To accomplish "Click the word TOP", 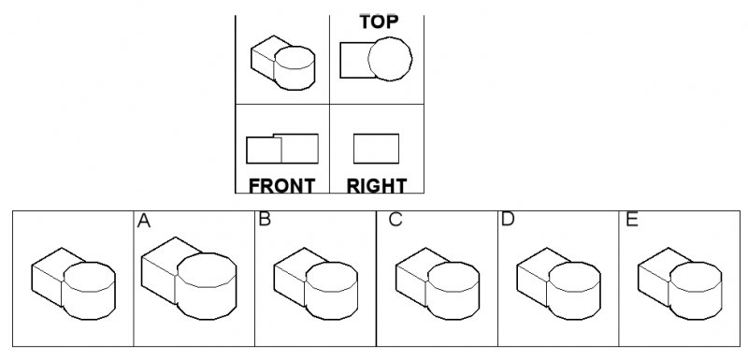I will [x=379, y=21].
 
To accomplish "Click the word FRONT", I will [x=281, y=185].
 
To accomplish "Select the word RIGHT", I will [x=376, y=185].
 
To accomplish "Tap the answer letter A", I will [x=144, y=221].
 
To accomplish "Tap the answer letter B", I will [x=265, y=221].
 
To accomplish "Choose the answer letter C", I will [x=396, y=221].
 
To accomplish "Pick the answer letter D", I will [x=508, y=221].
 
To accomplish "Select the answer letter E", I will [x=633, y=221].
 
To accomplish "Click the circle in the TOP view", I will [x=389, y=59].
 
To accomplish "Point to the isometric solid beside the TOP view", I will [x=282, y=63].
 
